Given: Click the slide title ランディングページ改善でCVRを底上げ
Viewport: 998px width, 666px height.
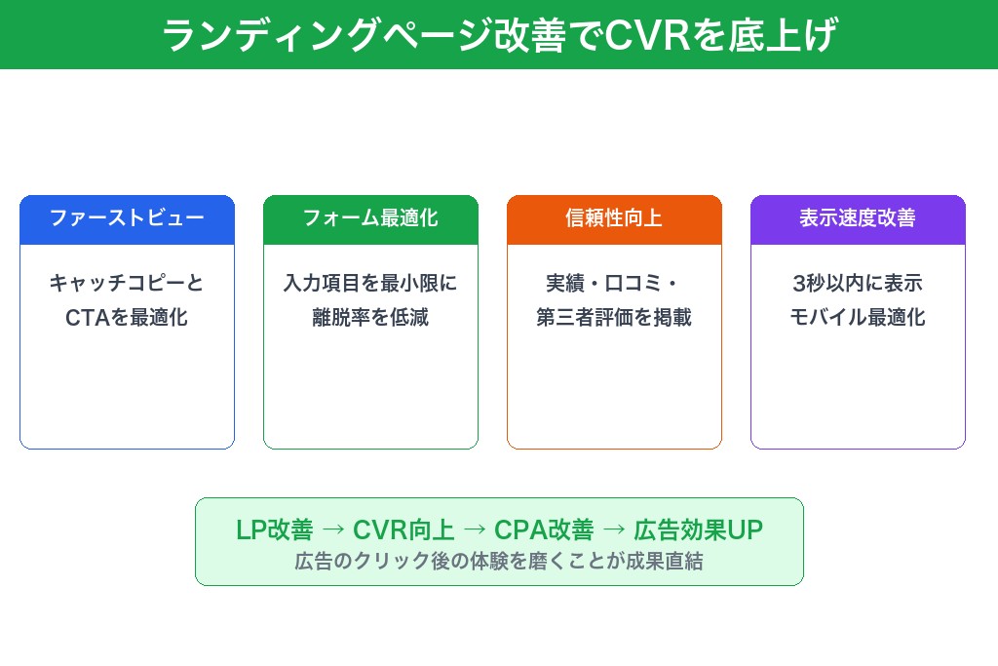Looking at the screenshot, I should (x=499, y=35).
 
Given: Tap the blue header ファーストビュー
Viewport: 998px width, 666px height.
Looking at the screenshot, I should (x=127, y=218).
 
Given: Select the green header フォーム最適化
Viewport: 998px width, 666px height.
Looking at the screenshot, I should (x=370, y=218).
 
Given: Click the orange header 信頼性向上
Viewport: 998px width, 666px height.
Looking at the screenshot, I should (x=614, y=218).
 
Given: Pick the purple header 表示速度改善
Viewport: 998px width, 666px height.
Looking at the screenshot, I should (x=858, y=218).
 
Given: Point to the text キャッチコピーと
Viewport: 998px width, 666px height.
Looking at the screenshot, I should (x=127, y=284).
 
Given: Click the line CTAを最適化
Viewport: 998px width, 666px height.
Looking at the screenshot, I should (x=127, y=317).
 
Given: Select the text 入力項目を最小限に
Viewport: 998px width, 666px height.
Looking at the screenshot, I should (x=370, y=284).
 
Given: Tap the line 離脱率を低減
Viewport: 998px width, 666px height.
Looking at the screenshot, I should (x=370, y=317).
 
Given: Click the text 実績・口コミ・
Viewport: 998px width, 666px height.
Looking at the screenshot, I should (x=614, y=284).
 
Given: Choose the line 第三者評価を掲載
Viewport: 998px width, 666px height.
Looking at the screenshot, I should (x=614, y=317).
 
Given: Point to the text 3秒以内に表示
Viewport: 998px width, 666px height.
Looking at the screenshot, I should (x=858, y=284).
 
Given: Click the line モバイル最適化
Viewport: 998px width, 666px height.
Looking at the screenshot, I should (x=858, y=317).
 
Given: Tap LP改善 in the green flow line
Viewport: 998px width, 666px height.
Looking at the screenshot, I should (x=275, y=529).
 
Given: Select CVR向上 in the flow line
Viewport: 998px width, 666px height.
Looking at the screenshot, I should (x=403, y=529).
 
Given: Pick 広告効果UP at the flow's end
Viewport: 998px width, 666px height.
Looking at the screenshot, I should (x=698, y=529).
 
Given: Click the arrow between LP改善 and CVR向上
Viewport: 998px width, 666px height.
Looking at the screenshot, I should (x=332, y=529).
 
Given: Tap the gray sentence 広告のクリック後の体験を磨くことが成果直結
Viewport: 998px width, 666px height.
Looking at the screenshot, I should (x=499, y=562).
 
